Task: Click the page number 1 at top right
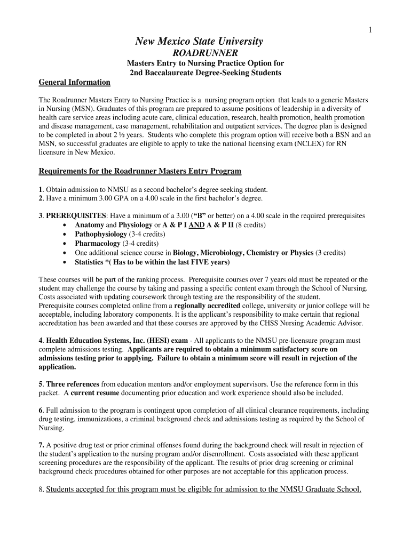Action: click(370, 30)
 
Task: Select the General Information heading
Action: click(75, 82)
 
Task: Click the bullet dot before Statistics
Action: click(65, 262)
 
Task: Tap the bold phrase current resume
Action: click(95, 393)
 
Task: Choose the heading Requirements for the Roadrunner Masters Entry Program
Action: click(140, 171)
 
